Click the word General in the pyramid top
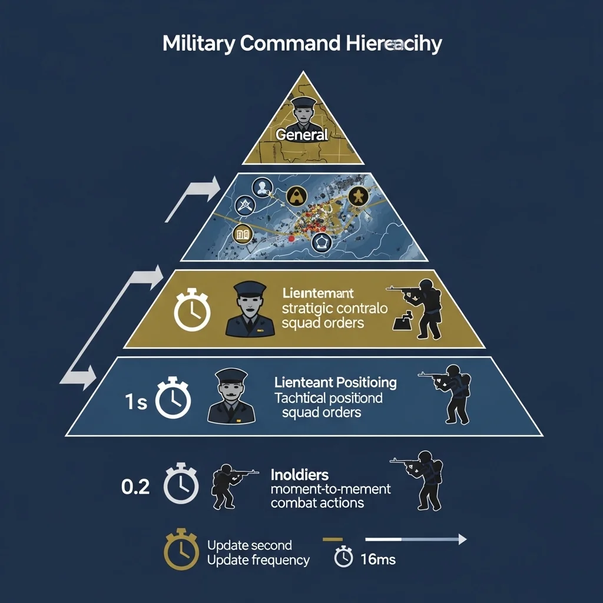click(301, 134)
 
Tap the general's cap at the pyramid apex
click(304, 102)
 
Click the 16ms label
click(377, 559)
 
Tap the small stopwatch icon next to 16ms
click(343, 557)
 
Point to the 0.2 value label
click(135, 487)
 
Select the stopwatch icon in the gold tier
click(192, 310)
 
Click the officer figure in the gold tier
click(250, 310)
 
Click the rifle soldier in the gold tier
click(418, 309)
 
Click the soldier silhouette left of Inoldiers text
click(231, 485)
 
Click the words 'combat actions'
click(317, 503)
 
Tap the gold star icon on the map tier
click(356, 196)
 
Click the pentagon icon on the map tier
click(321, 242)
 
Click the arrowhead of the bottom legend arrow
click(462, 539)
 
